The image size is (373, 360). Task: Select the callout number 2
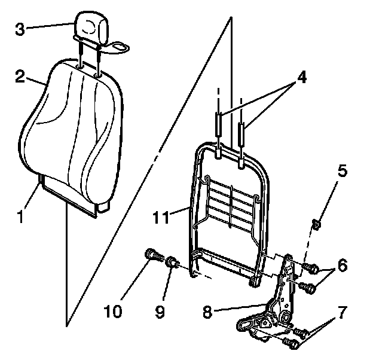[19, 77]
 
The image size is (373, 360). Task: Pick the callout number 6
[341, 265]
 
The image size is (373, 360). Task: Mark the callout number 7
[341, 312]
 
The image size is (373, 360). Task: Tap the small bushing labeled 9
[172, 261]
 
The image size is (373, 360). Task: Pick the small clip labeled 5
[317, 225]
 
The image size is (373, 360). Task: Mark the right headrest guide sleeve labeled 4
[241, 132]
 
